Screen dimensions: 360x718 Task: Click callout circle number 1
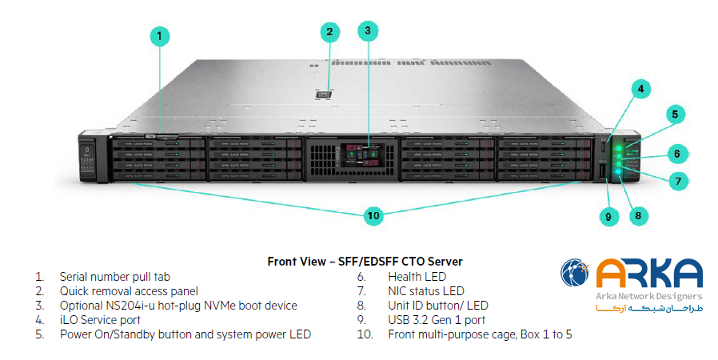(160, 35)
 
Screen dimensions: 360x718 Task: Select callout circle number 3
(367, 31)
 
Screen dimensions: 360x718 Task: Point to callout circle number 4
(640, 90)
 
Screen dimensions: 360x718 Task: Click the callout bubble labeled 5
(675, 114)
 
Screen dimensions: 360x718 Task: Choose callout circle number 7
(677, 181)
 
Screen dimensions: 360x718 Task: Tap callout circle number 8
(637, 214)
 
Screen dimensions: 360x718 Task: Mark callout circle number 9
(608, 215)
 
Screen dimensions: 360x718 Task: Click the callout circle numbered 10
(373, 215)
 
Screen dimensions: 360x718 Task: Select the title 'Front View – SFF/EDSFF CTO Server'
(365, 262)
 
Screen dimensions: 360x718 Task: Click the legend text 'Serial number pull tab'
(115, 277)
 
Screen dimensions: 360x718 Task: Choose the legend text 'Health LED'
(417, 277)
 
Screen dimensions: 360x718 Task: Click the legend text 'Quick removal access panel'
(129, 291)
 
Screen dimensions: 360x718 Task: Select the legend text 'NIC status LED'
(426, 291)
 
